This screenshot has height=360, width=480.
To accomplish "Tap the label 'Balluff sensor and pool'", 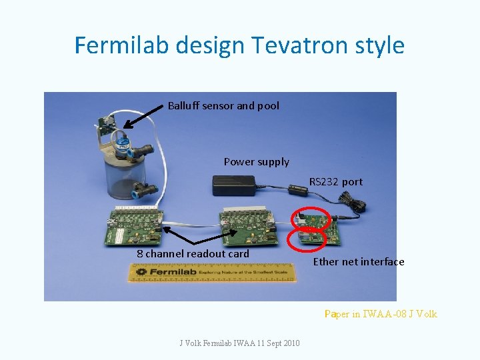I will tap(223, 105).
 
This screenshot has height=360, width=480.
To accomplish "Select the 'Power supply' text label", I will tap(257, 161).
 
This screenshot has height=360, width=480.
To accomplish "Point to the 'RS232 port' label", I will tap(336, 181).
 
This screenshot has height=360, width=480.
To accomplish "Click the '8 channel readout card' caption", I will tap(193, 253).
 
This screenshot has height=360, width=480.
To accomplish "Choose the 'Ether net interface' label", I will tap(359, 261).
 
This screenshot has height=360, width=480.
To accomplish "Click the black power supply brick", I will tap(234, 185).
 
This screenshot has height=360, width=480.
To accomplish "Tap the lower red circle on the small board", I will tap(306, 238).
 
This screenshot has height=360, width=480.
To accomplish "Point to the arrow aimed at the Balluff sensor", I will tap(143, 117).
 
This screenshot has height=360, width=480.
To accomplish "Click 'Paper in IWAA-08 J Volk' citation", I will tap(381, 313).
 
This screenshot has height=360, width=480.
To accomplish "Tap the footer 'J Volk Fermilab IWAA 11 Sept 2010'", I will tap(239, 343).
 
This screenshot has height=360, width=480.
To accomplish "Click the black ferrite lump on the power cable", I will tap(299, 191).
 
